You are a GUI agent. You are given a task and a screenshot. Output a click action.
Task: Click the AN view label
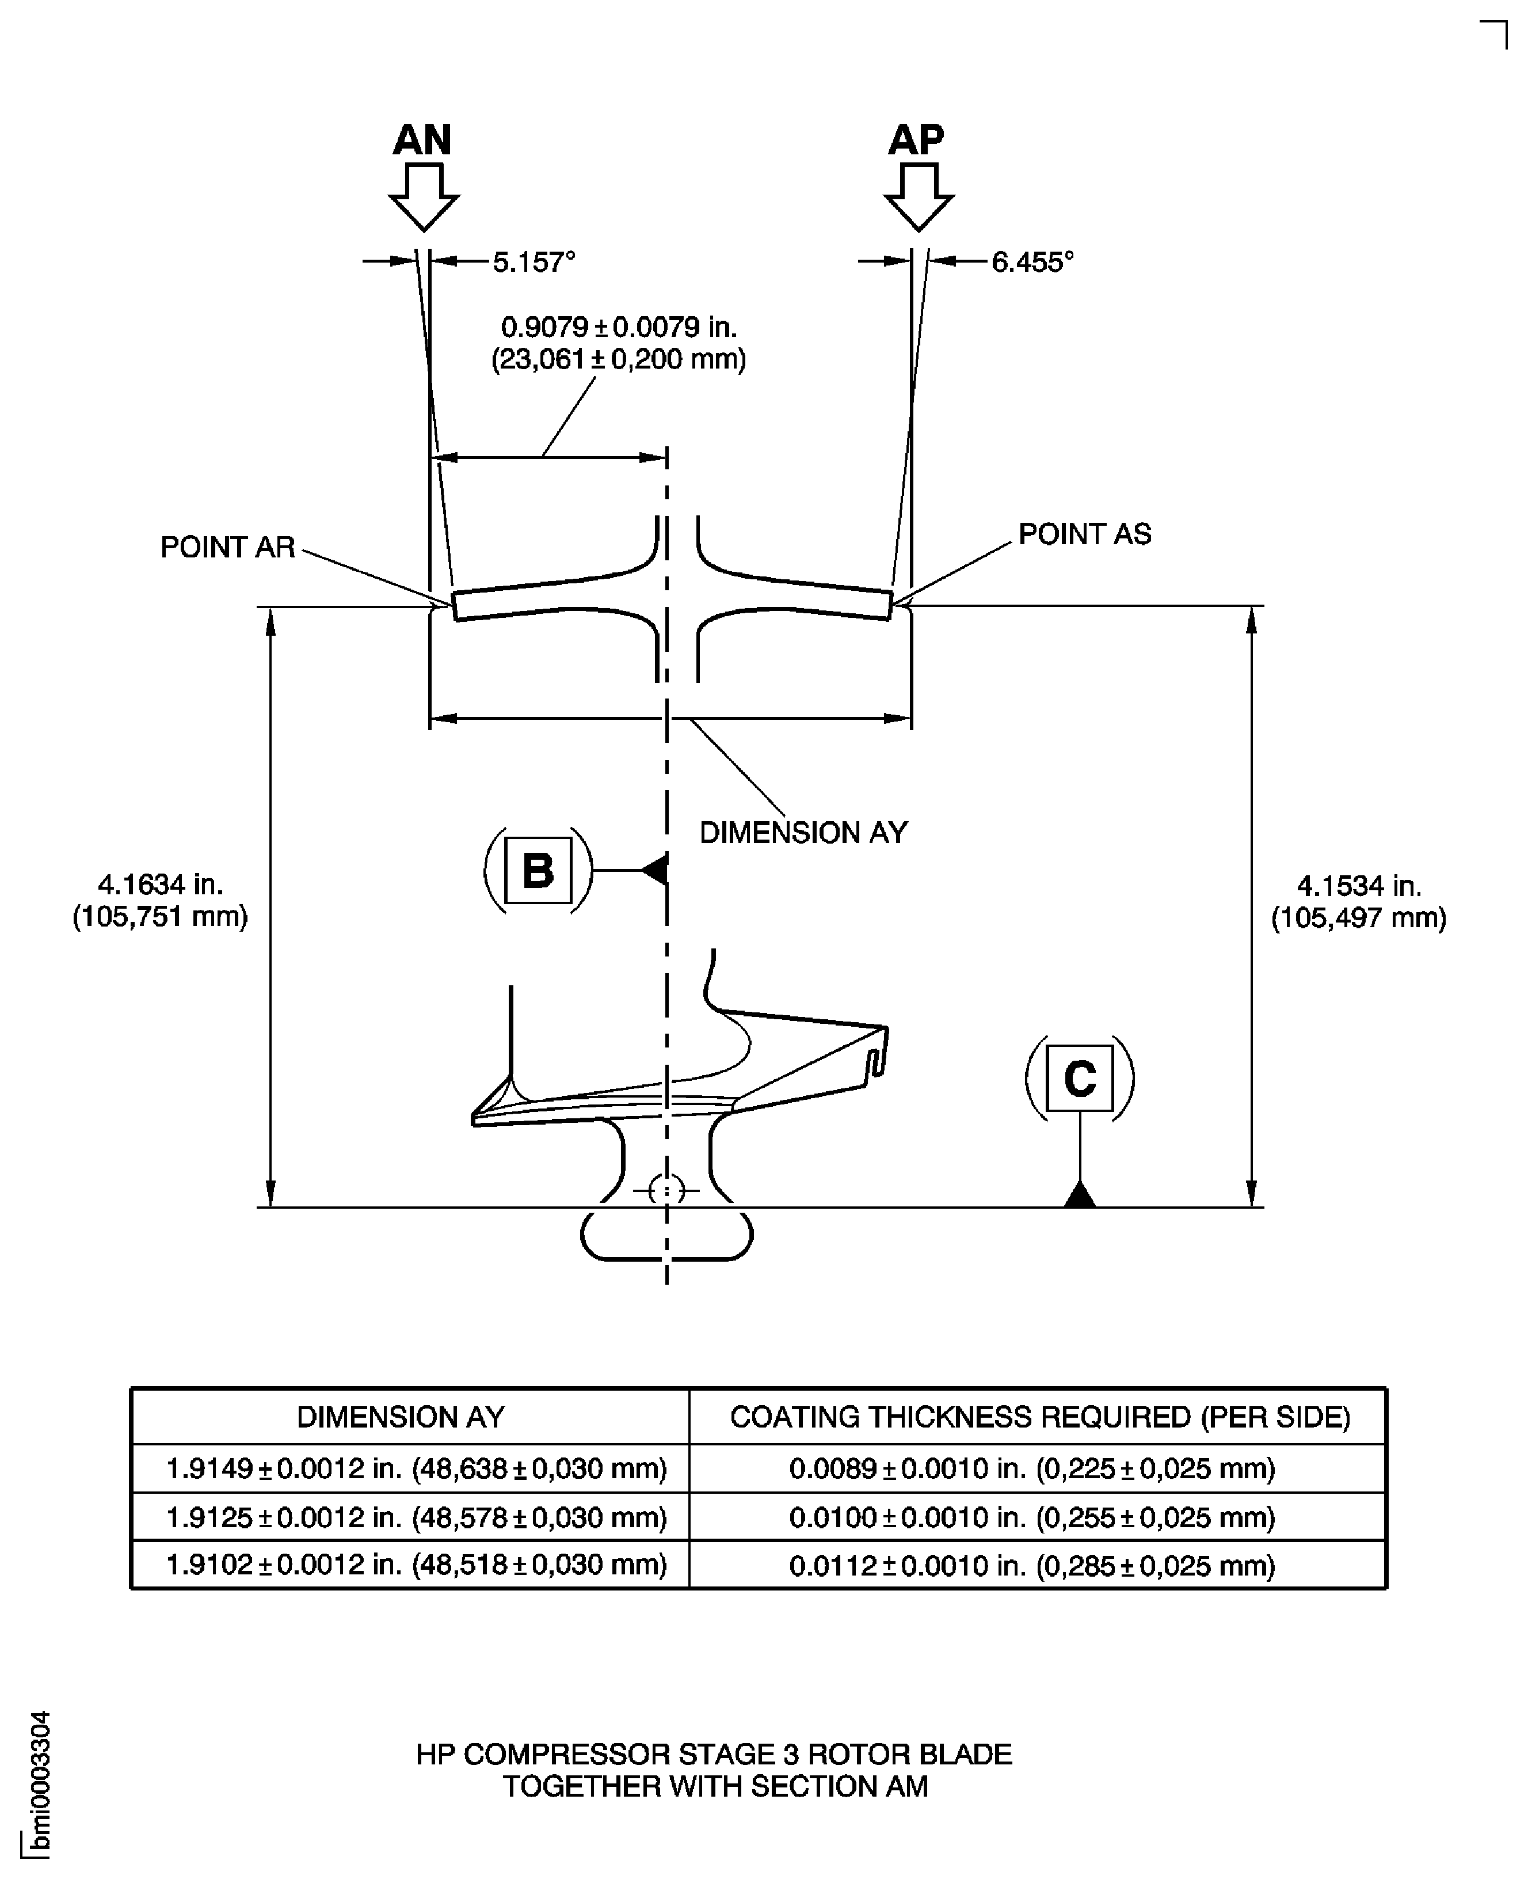(x=422, y=139)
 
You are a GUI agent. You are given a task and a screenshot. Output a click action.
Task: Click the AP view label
(x=916, y=139)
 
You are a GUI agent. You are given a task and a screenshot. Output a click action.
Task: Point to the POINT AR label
(x=227, y=547)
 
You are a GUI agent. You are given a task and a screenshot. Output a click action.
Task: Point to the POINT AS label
(x=1084, y=534)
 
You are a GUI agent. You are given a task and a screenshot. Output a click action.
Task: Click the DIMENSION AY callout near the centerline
(x=803, y=832)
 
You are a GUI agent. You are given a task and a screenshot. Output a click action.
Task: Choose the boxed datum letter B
(x=538, y=870)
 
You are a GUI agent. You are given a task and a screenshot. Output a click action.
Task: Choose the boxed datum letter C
(x=1079, y=1078)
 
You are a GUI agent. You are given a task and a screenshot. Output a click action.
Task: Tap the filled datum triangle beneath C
(x=1080, y=1195)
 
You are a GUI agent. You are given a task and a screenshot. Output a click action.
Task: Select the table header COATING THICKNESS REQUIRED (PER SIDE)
(x=1039, y=1417)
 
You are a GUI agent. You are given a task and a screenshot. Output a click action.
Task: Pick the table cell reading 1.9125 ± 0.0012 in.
(x=416, y=1517)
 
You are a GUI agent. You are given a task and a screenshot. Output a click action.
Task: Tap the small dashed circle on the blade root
(x=666, y=1191)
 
